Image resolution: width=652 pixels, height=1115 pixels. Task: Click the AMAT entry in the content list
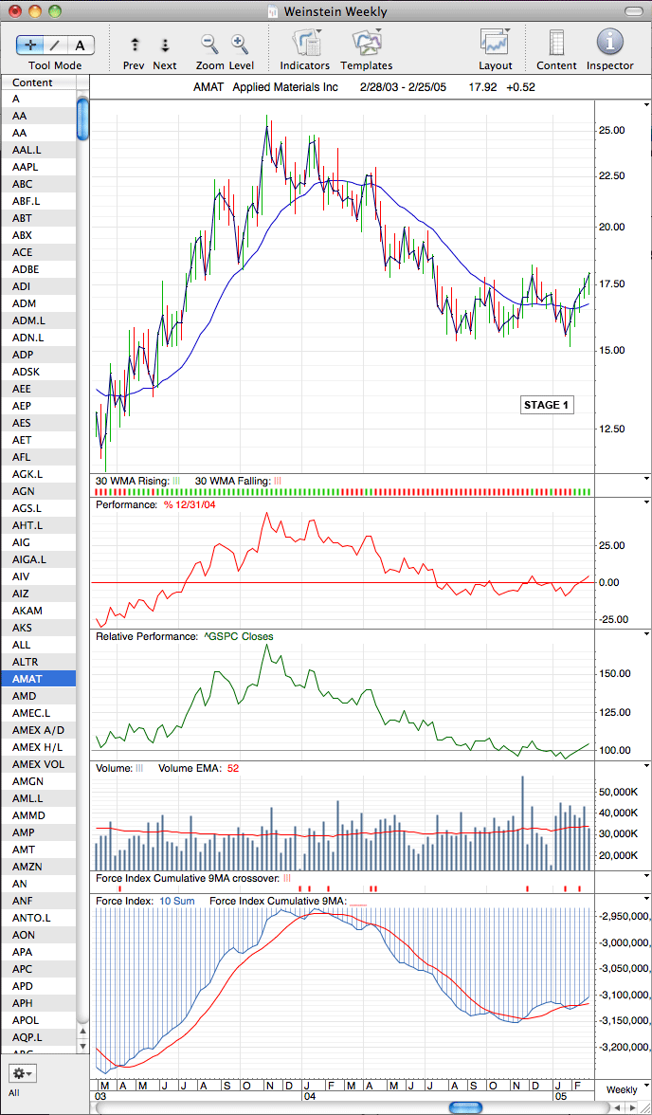coord(25,679)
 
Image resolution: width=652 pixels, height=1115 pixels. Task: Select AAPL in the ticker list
coord(25,167)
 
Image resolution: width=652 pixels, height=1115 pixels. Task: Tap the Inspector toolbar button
coord(609,42)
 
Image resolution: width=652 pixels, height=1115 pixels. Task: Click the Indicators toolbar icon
coord(306,42)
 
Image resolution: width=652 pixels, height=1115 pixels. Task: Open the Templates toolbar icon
coord(367,42)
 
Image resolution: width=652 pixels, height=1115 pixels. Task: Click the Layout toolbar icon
coord(495,42)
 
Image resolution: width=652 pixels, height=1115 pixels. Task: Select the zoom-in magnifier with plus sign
coord(239,44)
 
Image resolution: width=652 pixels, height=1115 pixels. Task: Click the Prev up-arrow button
coord(135,45)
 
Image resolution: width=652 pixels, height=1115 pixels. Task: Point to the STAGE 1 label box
coord(546,406)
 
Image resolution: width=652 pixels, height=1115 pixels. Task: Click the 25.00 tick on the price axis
coord(612,130)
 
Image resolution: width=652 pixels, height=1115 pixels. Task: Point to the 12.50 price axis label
coord(612,429)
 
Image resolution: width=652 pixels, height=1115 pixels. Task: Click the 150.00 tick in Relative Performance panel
coord(614,673)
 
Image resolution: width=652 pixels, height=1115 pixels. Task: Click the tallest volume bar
coord(522,823)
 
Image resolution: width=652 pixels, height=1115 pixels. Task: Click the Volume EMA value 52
coord(231,768)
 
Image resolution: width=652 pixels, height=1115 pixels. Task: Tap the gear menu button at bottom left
coord(23,1072)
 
